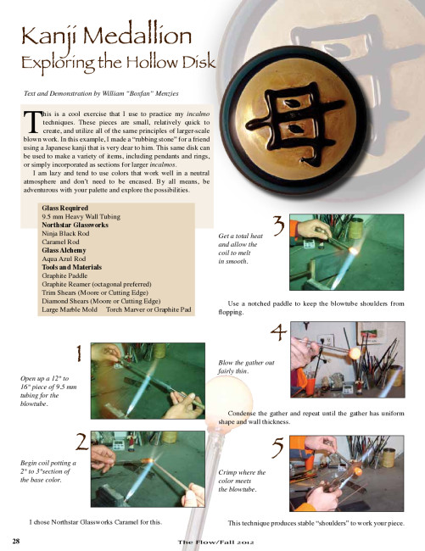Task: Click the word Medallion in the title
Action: click(x=137, y=36)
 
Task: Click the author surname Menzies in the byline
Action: click(x=167, y=93)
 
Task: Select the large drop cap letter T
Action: click(x=31, y=122)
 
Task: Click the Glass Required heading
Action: click(x=65, y=208)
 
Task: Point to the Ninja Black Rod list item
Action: click(x=65, y=233)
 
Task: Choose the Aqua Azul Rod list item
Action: click(x=64, y=259)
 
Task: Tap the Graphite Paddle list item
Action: click(x=64, y=275)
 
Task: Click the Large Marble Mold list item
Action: click(x=70, y=309)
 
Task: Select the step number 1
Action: click(x=79, y=353)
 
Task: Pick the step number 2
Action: click(x=82, y=442)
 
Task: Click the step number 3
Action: click(x=279, y=226)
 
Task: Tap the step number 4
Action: click(x=279, y=332)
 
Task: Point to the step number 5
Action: click(x=277, y=448)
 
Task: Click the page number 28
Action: click(x=16, y=541)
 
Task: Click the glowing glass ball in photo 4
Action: click(x=355, y=353)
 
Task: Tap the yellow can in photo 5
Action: click(x=388, y=457)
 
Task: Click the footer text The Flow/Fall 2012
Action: click(x=215, y=543)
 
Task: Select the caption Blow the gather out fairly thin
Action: click(x=246, y=367)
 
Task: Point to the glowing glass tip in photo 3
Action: click(x=353, y=251)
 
